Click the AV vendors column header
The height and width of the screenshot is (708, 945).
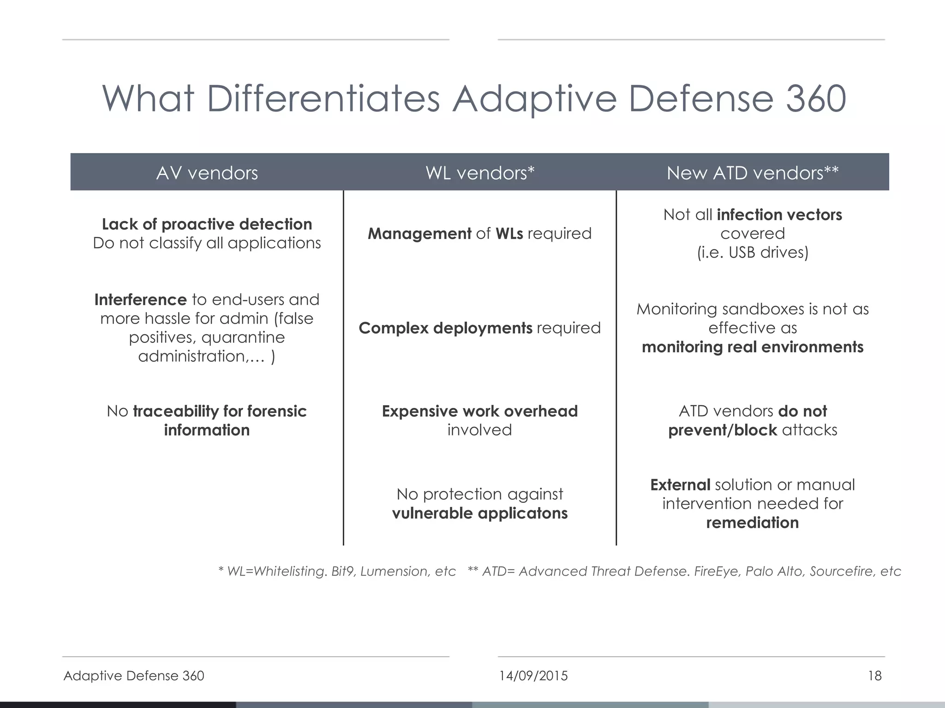207,173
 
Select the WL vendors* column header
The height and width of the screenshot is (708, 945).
479,173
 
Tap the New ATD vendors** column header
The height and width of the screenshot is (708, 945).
752,173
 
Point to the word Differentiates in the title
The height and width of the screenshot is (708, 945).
323,99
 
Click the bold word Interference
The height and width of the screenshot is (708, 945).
140,300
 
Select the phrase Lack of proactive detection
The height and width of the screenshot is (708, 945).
207,224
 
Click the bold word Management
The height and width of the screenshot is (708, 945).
419,234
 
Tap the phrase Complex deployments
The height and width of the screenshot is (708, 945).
445,328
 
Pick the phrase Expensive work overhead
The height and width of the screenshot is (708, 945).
479,411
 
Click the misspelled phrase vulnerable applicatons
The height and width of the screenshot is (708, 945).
479,513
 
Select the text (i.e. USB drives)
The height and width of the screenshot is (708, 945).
752,253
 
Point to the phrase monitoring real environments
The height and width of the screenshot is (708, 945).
752,347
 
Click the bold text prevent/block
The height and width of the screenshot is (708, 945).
723,430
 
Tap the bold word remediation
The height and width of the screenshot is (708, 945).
752,523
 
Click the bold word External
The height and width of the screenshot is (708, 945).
680,485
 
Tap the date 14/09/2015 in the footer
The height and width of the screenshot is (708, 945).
533,676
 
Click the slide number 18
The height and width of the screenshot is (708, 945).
874,676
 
